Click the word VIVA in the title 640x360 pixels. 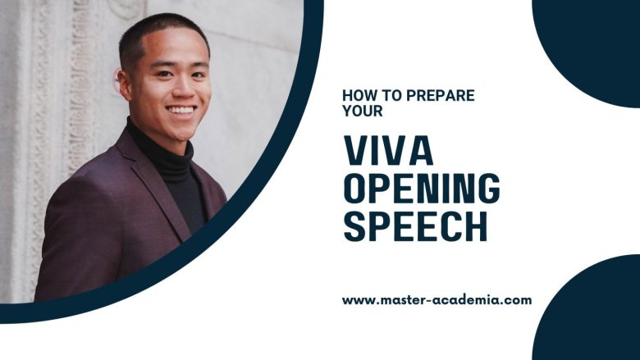[x=388, y=150]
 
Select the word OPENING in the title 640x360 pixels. [x=422, y=189]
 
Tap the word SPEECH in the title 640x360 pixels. [x=415, y=226]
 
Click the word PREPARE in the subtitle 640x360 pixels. [x=441, y=95]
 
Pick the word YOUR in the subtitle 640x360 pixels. [x=363, y=111]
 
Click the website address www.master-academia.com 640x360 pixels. [x=437, y=300]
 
